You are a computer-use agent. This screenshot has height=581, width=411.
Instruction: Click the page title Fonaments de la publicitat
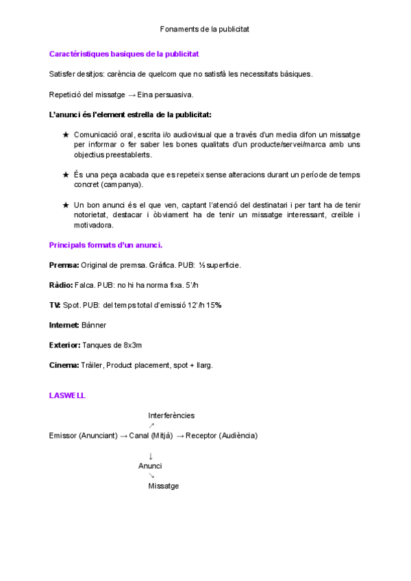pyautogui.click(x=204, y=29)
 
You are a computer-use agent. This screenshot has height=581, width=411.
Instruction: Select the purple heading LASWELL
pyautogui.click(x=67, y=395)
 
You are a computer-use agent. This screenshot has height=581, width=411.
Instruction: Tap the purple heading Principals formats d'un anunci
pyautogui.click(x=105, y=245)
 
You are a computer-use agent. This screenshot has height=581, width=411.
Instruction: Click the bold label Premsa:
pyautogui.click(x=64, y=264)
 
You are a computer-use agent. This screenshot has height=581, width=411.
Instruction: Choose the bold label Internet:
pyautogui.click(x=64, y=325)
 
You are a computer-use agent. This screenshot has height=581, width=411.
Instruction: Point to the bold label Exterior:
pyautogui.click(x=65, y=345)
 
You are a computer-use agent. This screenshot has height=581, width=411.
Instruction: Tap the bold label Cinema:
pyautogui.click(x=64, y=365)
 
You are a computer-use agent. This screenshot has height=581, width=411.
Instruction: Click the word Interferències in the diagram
pyautogui.click(x=171, y=415)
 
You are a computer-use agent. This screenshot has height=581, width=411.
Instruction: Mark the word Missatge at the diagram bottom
pyautogui.click(x=164, y=486)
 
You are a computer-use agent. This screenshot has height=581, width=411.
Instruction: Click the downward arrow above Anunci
pyautogui.click(x=151, y=456)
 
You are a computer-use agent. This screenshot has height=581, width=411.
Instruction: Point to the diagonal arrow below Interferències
pyautogui.click(x=151, y=425)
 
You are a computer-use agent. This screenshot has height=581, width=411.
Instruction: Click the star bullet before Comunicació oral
pyautogui.click(x=66, y=135)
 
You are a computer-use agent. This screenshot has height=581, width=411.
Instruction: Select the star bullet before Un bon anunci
pyautogui.click(x=66, y=205)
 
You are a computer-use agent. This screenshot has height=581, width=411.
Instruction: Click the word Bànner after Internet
pyautogui.click(x=94, y=325)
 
